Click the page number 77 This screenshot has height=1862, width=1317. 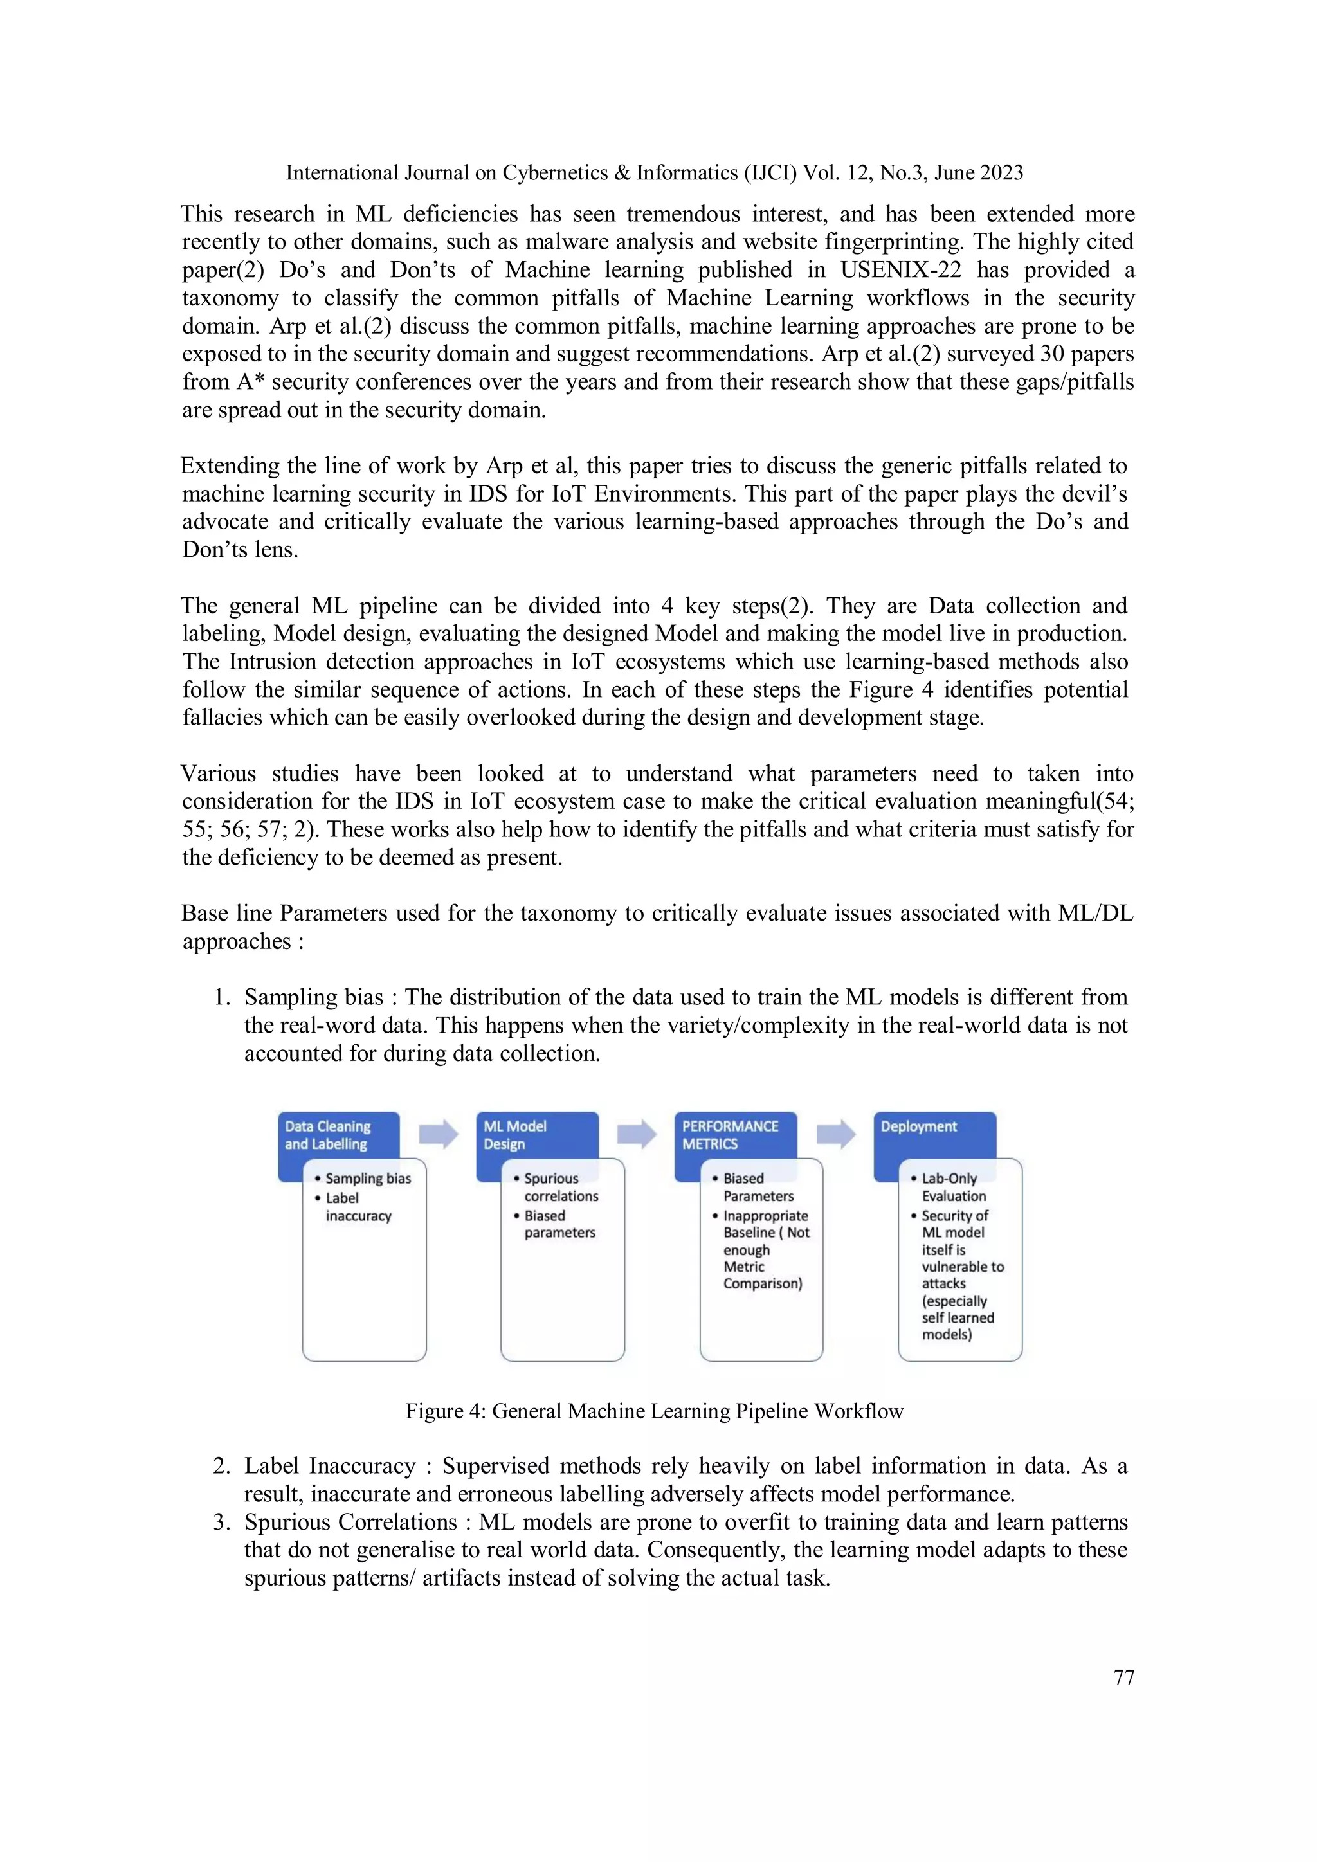coord(1123,1677)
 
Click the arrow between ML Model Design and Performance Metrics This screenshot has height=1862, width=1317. coord(637,1133)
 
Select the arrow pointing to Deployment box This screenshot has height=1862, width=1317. coord(835,1133)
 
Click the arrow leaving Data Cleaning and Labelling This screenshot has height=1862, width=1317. coord(438,1133)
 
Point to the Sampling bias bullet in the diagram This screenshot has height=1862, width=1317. coord(367,1179)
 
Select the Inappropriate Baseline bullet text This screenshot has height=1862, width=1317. coord(764,1249)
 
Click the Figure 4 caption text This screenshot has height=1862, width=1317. coord(653,1411)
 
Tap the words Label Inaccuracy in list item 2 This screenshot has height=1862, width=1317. coord(329,1466)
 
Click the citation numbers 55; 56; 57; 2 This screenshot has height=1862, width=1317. coord(248,829)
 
